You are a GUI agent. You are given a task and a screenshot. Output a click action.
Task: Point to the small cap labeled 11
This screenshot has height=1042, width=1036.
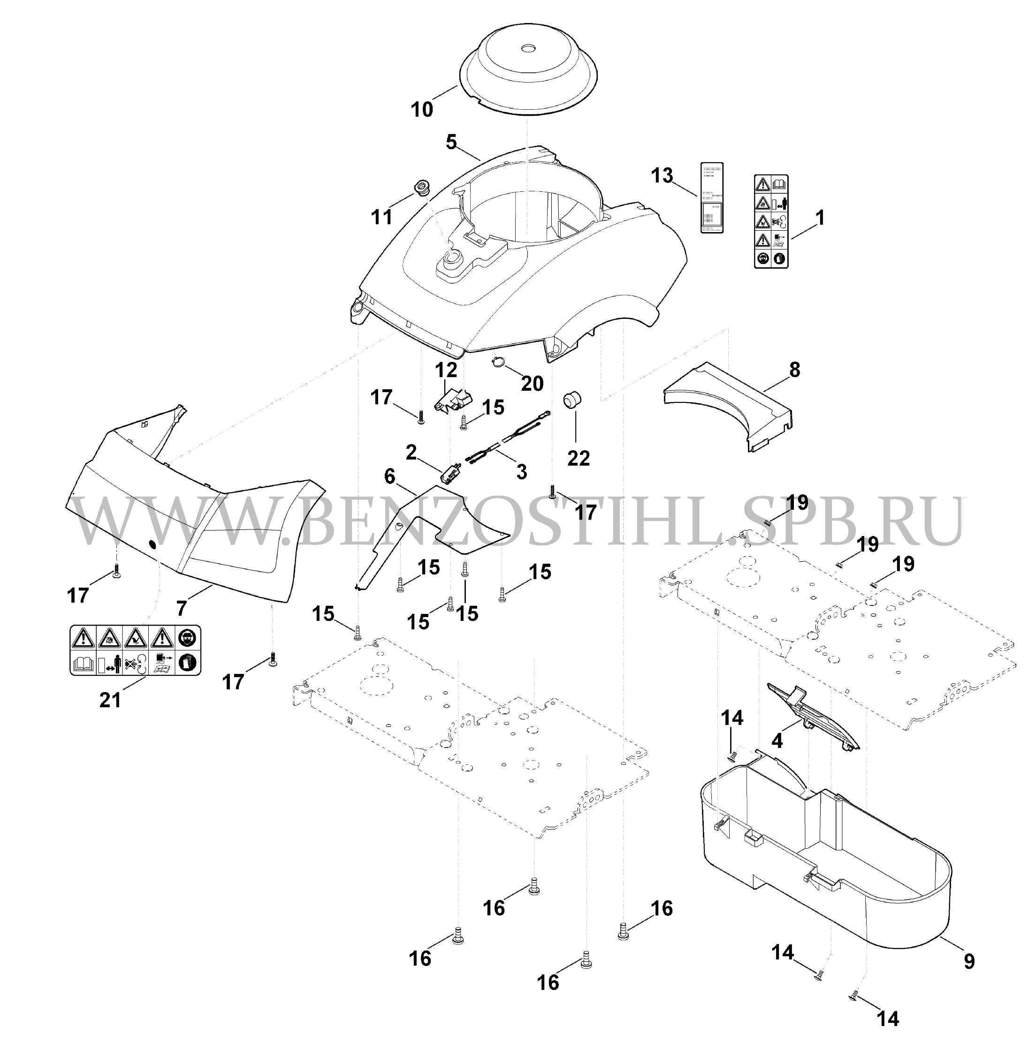[x=421, y=189]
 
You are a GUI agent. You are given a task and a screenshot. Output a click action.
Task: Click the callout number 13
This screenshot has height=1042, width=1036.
[x=663, y=175]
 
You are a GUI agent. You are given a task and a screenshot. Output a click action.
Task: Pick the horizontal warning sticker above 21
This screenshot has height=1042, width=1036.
[x=136, y=650]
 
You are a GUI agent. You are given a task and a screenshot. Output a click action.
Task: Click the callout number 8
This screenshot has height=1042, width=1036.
[x=794, y=370]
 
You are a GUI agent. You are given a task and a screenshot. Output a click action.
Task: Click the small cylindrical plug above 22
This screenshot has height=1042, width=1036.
[x=571, y=401]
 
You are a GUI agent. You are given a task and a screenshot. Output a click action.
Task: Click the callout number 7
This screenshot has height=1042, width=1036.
[x=183, y=607]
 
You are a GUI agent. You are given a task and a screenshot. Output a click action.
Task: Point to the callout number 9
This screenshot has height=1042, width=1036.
[x=969, y=975]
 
